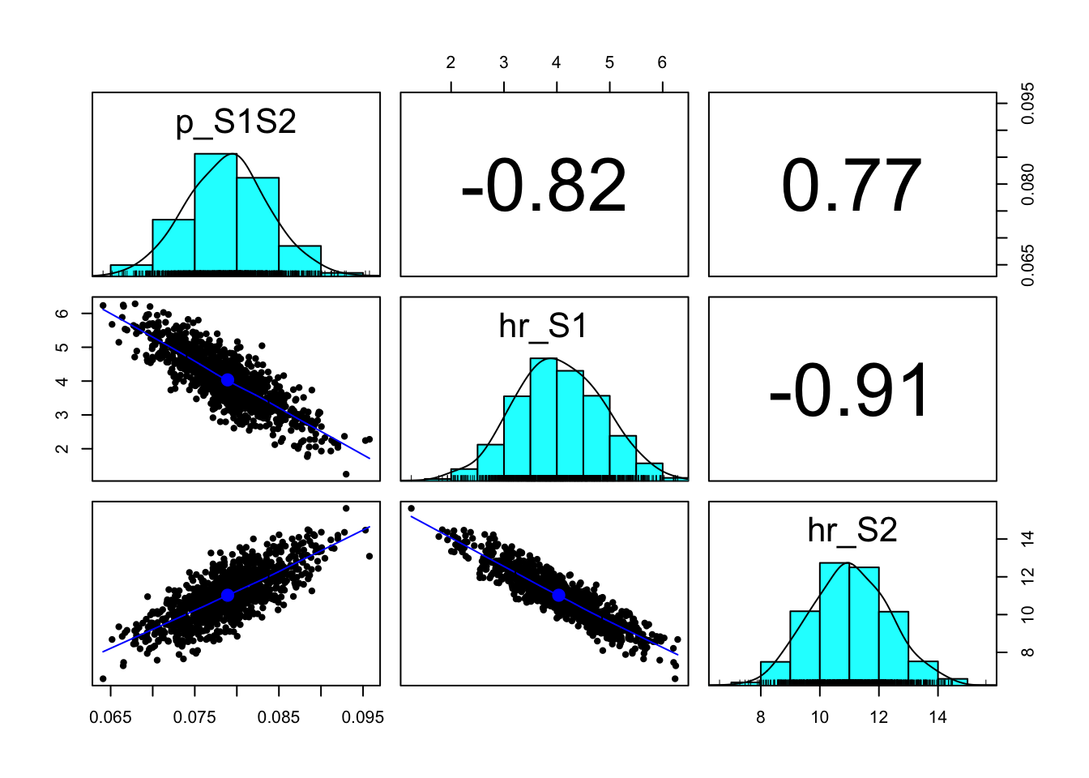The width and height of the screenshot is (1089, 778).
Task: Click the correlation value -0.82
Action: coord(544,186)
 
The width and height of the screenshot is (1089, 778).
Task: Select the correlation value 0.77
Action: coord(852,186)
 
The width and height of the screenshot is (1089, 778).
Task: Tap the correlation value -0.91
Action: coord(852,391)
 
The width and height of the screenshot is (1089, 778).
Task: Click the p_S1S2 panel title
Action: coord(236,122)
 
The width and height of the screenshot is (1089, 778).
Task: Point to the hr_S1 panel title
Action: coord(543,326)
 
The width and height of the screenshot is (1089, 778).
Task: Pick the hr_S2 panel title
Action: coord(852,530)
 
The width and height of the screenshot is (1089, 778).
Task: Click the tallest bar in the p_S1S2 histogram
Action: coord(216,212)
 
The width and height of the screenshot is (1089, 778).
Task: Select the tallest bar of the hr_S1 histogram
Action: coord(544,417)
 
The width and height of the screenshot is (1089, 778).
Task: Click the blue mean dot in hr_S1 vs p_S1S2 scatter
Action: coord(228,380)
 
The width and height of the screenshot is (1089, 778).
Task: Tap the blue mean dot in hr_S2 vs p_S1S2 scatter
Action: coord(228,595)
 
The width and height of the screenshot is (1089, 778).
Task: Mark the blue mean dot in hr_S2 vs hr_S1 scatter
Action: coord(558,595)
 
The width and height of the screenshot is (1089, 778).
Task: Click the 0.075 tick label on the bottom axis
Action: coord(194,717)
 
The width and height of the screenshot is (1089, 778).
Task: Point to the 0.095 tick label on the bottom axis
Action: coord(363,717)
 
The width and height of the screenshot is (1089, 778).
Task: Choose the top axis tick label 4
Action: coord(557,63)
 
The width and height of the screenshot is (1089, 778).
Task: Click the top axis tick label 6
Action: coord(662,63)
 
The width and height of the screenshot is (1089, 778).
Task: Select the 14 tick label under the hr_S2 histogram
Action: coord(937,717)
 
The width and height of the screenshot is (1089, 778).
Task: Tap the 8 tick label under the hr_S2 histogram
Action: coord(760,717)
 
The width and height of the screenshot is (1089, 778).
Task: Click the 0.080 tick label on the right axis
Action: coord(1027,184)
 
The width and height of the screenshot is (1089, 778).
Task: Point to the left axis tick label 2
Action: coord(63,448)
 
